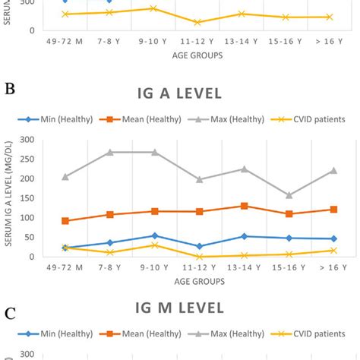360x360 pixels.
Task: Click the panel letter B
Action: click(11, 89)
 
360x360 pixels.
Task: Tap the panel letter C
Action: click(11, 311)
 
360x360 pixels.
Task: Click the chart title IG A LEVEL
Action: click(179, 93)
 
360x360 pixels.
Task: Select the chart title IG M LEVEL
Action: click(179, 308)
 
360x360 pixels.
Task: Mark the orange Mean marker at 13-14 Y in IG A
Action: click(244, 206)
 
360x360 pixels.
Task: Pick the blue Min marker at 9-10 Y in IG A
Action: click(154, 235)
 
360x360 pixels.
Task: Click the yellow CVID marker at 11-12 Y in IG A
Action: click(199, 257)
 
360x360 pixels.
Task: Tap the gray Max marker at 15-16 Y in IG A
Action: click(289, 195)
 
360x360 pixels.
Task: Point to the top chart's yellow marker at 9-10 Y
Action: click(154, 8)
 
